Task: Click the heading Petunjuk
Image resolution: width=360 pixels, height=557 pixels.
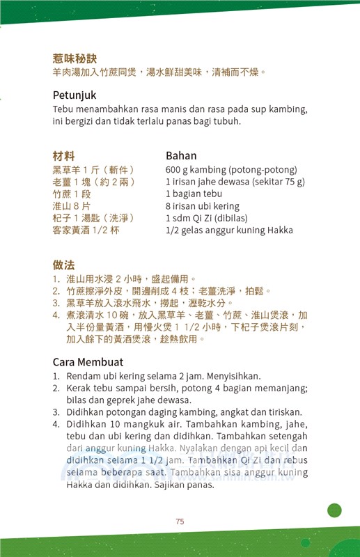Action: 75,95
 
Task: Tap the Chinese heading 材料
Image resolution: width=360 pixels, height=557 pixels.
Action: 63,155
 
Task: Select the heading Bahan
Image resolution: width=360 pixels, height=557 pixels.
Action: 181,155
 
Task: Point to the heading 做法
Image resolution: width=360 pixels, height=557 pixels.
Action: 63,265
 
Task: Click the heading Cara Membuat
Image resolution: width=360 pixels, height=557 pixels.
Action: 88,361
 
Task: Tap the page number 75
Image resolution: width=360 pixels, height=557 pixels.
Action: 180,521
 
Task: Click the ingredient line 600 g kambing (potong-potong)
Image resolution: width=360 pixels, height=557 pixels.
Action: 231,170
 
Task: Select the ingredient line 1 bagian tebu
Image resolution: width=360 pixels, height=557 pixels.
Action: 194,194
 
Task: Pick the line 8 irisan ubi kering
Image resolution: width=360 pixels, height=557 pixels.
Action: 202,206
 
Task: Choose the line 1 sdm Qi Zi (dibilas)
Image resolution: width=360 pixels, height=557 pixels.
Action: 207,218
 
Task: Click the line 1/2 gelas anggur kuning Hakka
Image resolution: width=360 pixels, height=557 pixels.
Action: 229,230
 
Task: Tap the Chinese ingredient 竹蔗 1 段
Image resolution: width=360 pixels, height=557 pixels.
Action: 72,194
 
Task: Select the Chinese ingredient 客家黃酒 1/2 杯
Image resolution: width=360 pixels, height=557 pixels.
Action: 86,230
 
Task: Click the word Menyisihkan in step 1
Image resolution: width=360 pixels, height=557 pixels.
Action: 211,376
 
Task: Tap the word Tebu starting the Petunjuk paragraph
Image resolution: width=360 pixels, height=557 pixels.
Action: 63,110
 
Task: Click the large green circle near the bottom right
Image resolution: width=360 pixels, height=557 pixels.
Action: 334,510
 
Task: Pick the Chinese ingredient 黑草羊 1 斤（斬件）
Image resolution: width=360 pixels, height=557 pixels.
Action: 93,170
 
